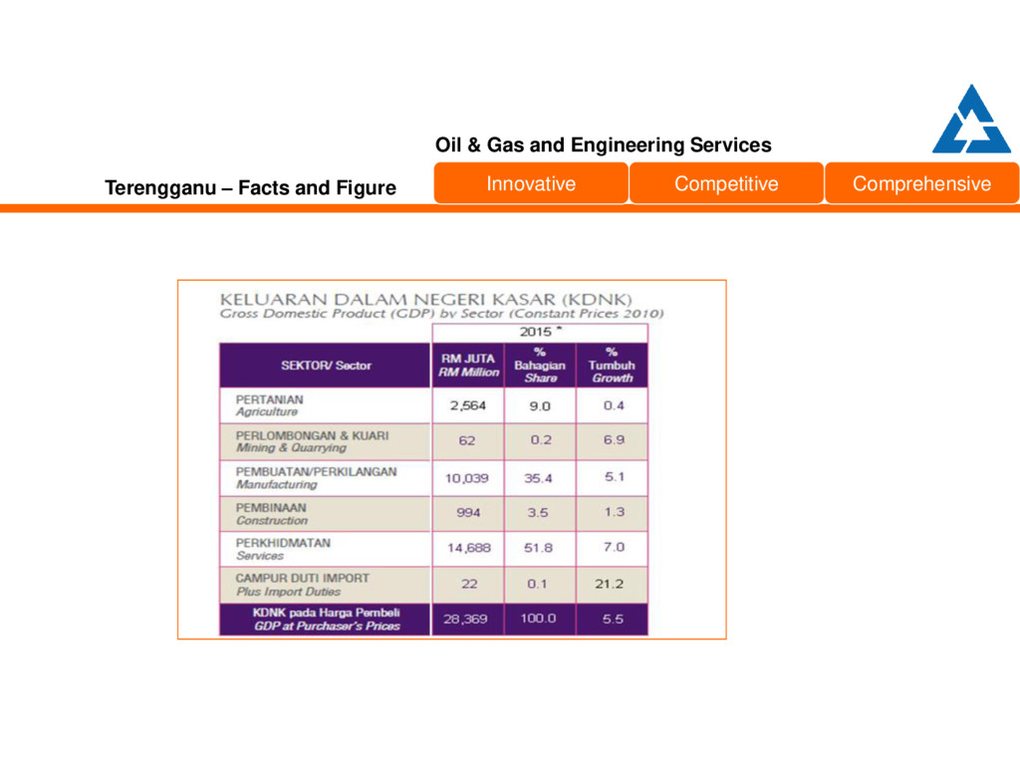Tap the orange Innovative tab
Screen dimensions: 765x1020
tap(531, 183)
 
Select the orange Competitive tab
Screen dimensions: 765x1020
tap(726, 183)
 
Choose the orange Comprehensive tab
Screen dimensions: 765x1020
tap(921, 183)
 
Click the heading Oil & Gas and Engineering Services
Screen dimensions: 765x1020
tap(603, 145)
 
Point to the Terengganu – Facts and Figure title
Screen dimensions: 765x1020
tap(250, 187)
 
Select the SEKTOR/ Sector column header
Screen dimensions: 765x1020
tap(326, 366)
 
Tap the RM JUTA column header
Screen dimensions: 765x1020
tap(467, 366)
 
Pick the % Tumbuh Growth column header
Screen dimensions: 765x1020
tap(612, 366)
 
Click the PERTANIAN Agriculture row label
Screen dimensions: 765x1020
tap(270, 405)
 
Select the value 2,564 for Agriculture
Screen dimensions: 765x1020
tap(467, 405)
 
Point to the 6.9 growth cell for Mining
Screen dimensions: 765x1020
tap(614, 439)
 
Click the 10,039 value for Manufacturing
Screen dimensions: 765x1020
tap(466, 478)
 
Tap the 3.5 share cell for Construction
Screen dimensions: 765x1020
tap(538, 512)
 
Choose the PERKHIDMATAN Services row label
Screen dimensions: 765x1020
tap(283, 549)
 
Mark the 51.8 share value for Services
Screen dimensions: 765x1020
tap(538, 548)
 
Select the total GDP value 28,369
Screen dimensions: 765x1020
tap(466, 619)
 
